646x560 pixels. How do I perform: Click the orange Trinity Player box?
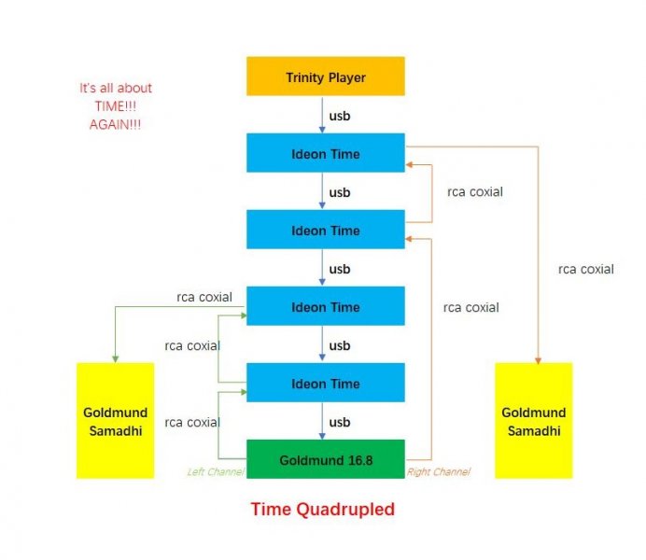click(325, 77)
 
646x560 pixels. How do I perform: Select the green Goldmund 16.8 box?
click(325, 460)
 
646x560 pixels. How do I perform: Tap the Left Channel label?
click(216, 472)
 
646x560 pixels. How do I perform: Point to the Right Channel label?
click(438, 472)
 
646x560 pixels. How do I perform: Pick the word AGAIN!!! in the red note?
click(116, 124)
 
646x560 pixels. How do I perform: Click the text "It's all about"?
click(116, 89)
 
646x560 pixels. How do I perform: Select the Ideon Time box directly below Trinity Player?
click(325, 153)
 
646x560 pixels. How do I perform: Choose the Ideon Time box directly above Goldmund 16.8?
click(325, 384)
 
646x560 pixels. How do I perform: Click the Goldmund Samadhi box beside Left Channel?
click(115, 421)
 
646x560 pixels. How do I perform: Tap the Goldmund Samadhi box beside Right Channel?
click(533, 421)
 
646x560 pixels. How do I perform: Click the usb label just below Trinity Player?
click(340, 116)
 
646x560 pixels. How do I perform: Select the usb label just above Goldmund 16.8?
click(340, 423)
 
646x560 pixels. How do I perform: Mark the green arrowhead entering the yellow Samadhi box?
click(115, 358)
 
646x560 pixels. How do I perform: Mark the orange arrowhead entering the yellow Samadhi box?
click(539, 358)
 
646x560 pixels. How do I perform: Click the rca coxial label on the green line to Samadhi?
click(204, 298)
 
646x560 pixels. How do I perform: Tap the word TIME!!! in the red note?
click(116, 106)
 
